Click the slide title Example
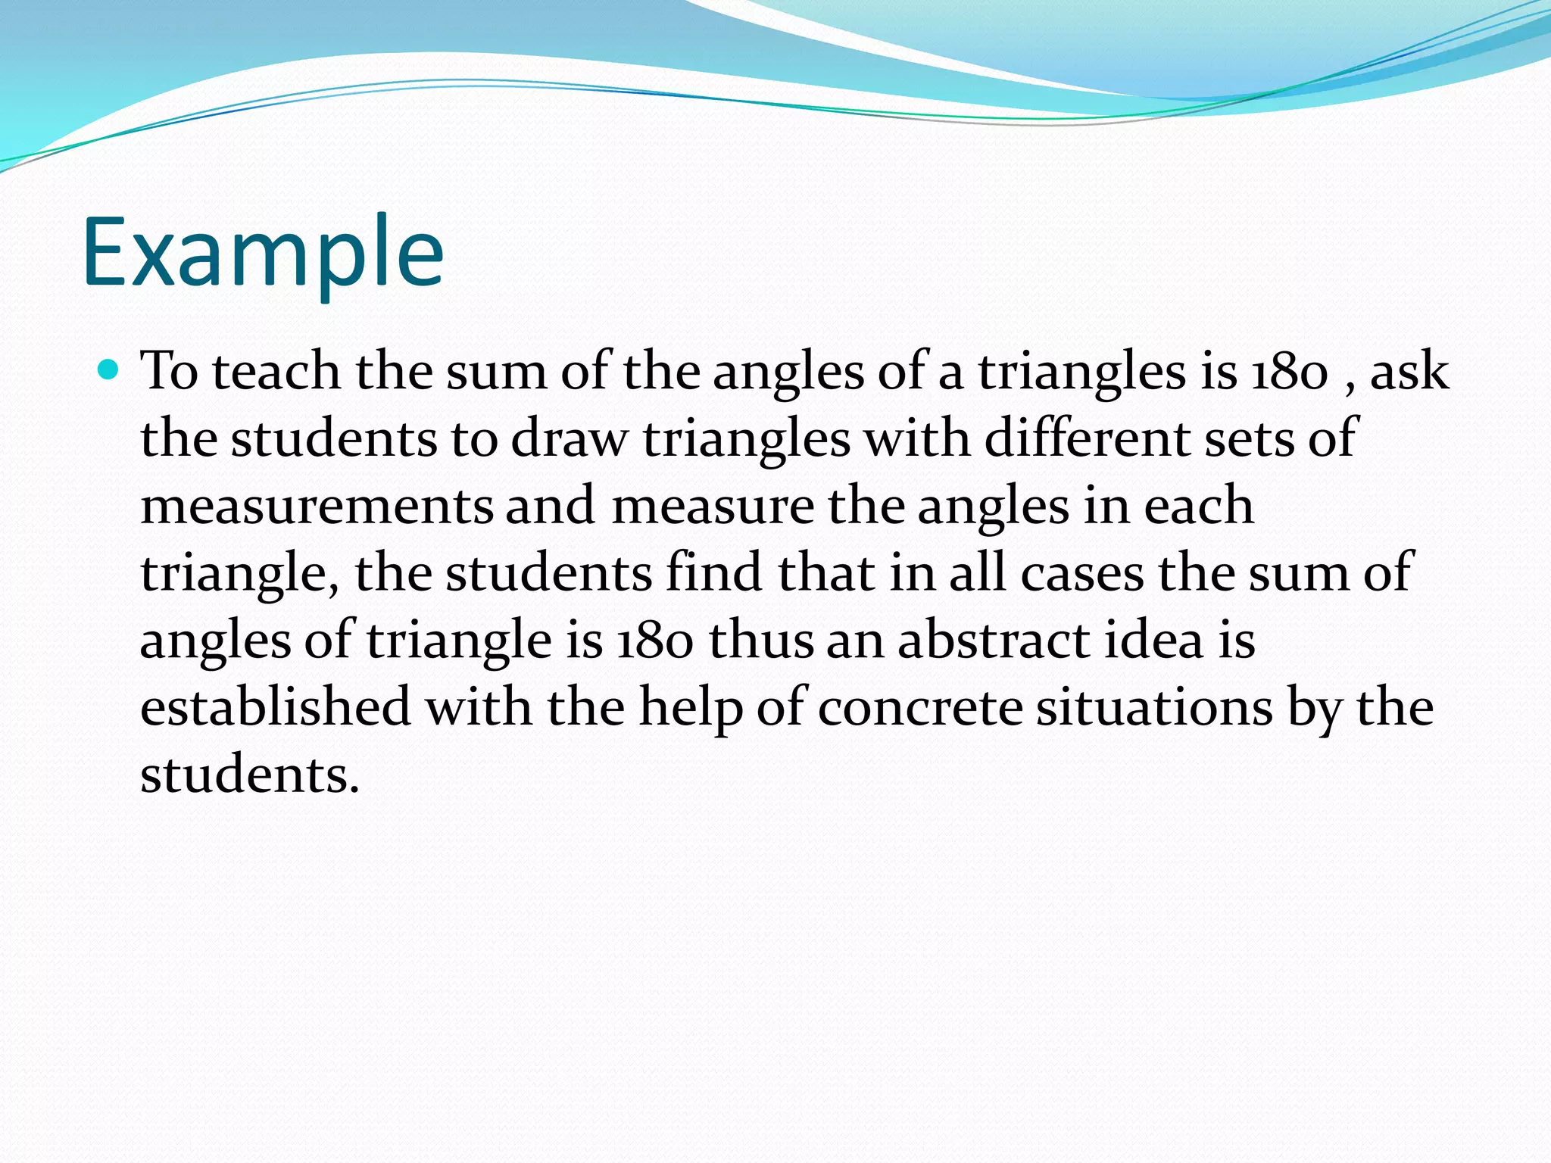tap(262, 254)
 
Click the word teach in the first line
tap(276, 373)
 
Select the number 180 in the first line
tap(1289, 373)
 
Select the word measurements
tap(317, 507)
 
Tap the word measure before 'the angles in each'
tap(712, 507)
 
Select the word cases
tap(1081, 573)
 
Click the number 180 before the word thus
tap(655, 641)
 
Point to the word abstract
tap(994, 641)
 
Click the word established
tap(276, 707)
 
